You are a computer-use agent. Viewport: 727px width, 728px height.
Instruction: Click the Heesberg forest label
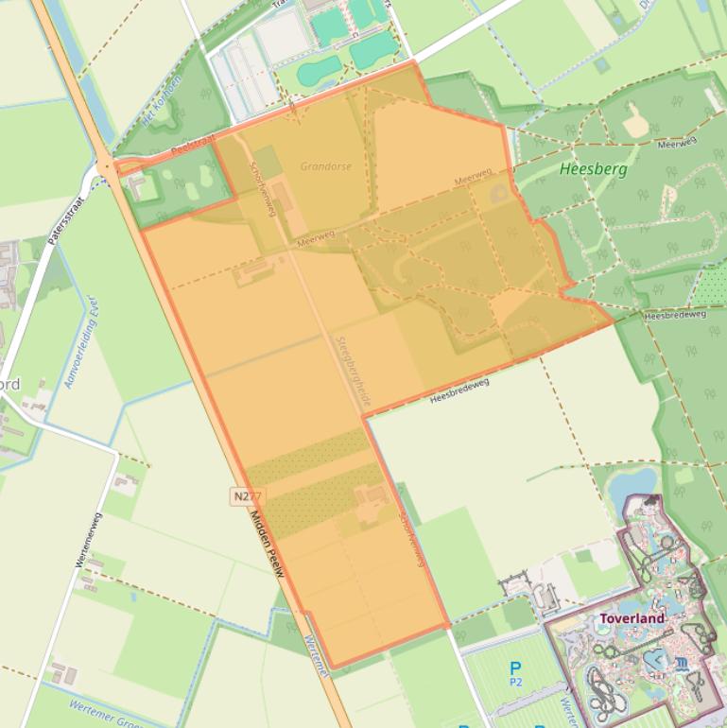593,170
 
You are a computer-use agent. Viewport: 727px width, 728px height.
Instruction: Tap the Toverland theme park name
632,618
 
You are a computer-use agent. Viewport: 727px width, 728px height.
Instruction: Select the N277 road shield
247,495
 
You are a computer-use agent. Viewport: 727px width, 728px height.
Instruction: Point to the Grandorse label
326,166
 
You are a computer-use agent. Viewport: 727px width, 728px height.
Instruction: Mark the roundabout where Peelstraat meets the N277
108,168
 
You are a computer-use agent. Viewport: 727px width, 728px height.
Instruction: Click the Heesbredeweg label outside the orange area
675,314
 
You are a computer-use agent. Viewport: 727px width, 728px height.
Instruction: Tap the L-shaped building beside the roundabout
143,184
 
